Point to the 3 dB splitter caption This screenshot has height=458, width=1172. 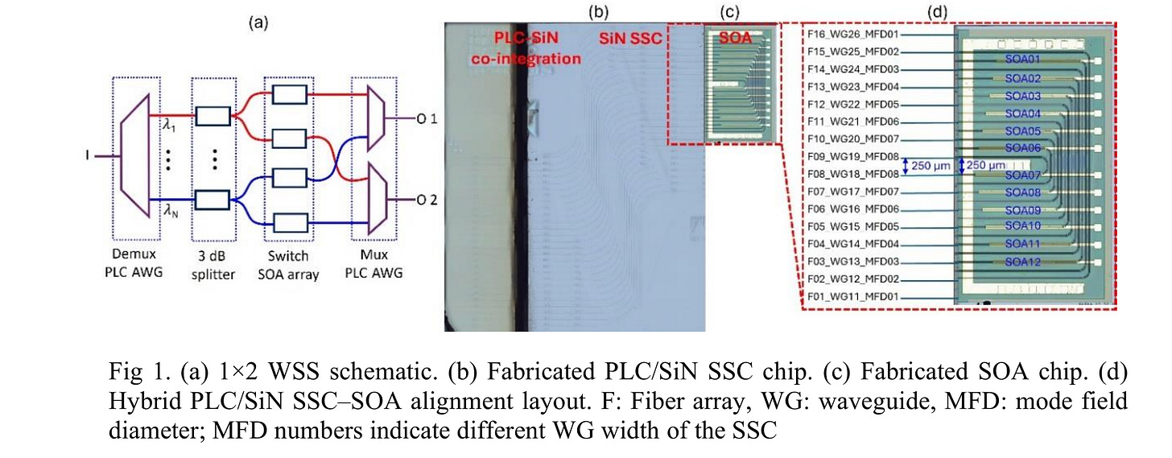216,265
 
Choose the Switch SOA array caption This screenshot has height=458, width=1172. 292,265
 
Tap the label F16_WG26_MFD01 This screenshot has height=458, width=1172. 852,35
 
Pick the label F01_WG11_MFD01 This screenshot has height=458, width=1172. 852,297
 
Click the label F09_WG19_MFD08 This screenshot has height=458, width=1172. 852,157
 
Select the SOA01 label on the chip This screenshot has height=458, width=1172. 1023,60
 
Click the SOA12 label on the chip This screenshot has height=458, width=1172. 1023,262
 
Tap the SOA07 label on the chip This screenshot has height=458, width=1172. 1023,175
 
